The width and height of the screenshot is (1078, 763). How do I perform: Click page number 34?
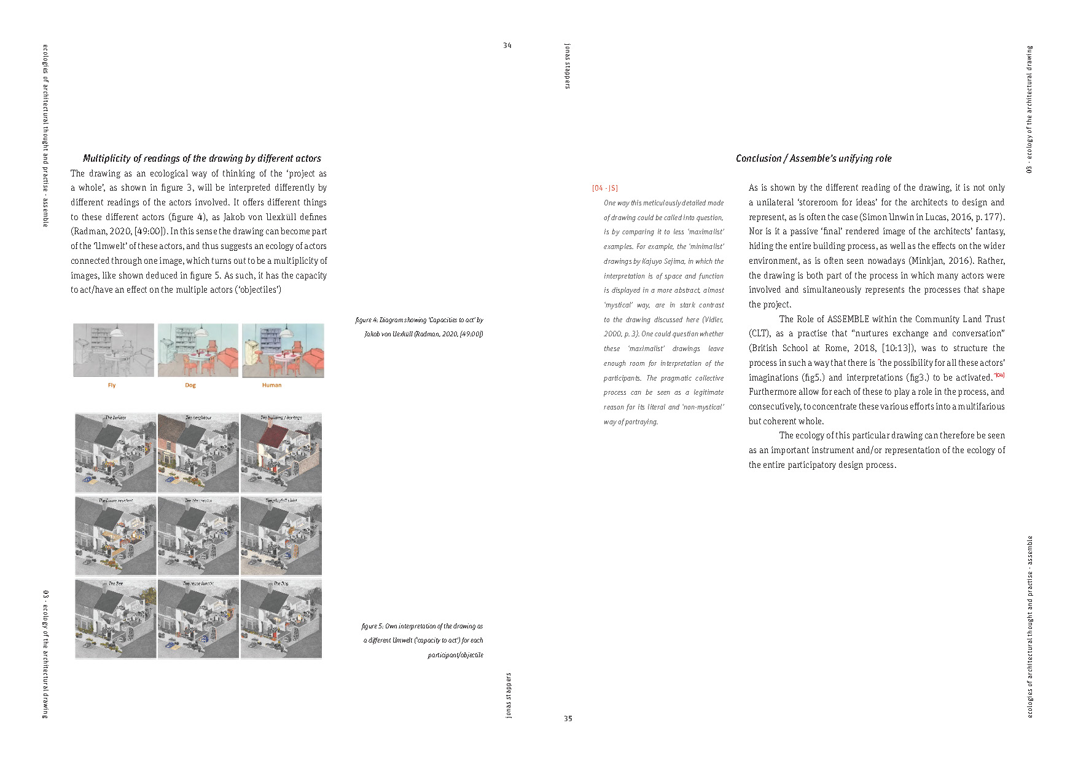507,45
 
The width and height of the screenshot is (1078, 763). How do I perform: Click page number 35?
568,718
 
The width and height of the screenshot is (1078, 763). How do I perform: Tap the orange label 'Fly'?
112,385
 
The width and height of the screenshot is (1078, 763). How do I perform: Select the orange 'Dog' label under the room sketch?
190,385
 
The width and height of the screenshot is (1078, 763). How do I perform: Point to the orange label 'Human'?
271,385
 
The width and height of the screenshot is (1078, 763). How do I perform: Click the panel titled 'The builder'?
115,453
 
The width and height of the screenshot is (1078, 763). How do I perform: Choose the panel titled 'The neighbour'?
198,453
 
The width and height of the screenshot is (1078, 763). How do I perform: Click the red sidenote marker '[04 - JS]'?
605,188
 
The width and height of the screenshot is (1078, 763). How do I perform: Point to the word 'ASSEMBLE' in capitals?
848,319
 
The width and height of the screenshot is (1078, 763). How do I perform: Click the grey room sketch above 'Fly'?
114,350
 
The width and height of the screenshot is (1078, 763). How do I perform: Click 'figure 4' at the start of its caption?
366,320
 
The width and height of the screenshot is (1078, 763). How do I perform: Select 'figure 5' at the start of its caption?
372,627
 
